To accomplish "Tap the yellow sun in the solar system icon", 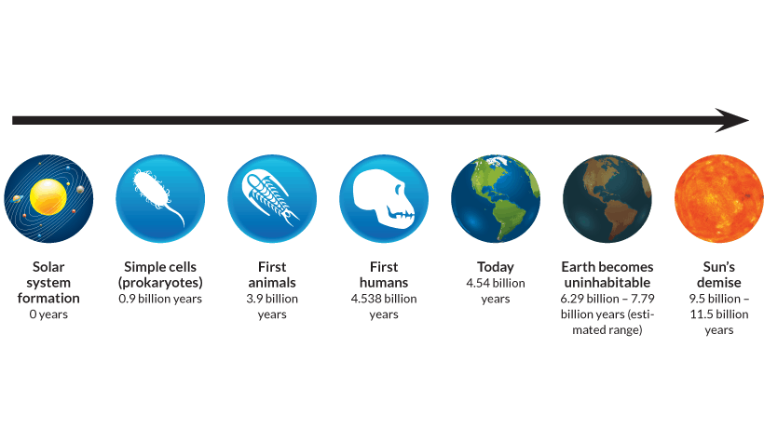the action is coord(48,197).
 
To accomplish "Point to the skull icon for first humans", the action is coord(384,198).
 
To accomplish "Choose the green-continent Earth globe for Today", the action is coord(496,198).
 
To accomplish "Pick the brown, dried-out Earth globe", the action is coord(607,198).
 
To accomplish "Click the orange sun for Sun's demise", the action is coord(719,198).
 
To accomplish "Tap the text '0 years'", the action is coord(48,314).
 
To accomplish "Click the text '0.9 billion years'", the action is coord(160,299).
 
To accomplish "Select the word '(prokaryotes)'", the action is coord(160,283).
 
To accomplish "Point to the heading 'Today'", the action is coord(496,267).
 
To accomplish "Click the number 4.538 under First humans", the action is coord(366,299).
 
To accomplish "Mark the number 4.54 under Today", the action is coord(478,283).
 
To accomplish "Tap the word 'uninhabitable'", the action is coord(607,283).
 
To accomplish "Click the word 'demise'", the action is coord(719,283).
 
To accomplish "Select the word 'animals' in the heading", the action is coord(272,283).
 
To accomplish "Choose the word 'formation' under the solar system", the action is coord(48,298).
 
